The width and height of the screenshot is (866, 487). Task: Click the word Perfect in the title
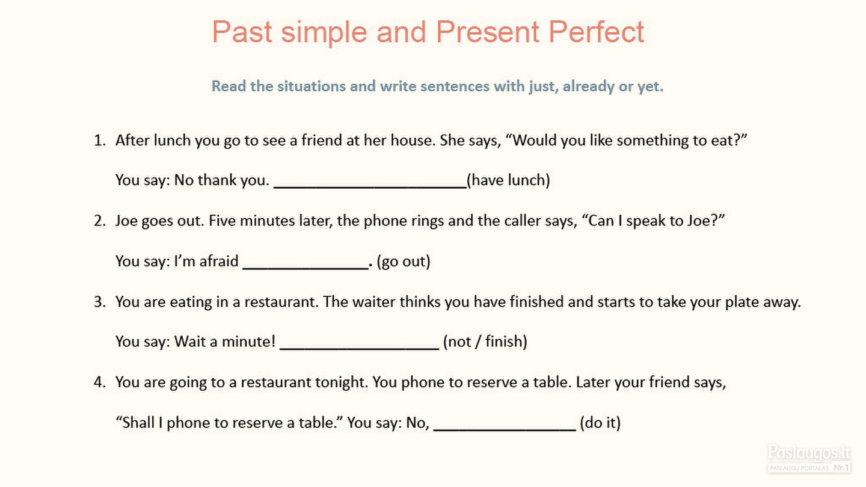pos(596,32)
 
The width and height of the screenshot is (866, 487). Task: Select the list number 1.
pos(100,140)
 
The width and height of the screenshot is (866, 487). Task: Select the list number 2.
pos(100,221)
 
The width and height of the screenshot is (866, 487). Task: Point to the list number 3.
pos(100,302)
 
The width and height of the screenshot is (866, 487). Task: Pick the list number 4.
pos(100,382)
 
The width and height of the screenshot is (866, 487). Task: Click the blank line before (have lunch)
pos(370,188)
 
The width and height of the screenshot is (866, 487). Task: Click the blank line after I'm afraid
pos(306,268)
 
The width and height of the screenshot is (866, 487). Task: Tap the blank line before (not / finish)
pos(360,349)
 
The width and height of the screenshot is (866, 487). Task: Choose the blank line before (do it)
pos(505,429)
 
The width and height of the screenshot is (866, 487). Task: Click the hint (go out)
pos(404,262)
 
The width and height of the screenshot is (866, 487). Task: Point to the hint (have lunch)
pos(508,180)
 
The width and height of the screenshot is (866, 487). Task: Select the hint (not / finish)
pos(485,342)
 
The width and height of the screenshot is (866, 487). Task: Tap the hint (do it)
pos(600,423)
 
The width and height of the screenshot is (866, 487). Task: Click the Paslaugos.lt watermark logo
pos(809,458)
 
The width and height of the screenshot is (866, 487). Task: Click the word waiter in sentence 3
pos(374,302)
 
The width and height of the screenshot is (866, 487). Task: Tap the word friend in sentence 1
pos(322,140)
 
